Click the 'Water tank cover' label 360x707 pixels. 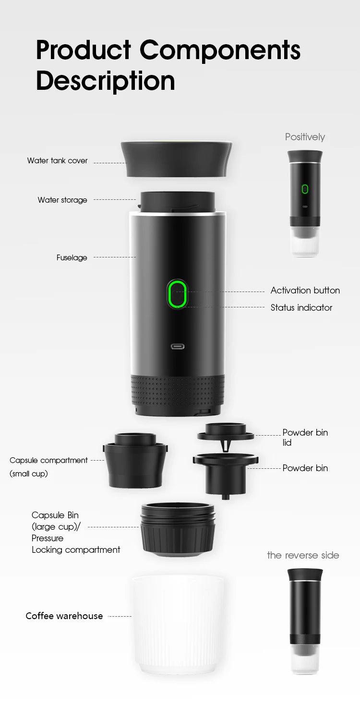click(57, 161)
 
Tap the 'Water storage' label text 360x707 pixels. click(62, 200)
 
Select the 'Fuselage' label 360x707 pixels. click(72, 258)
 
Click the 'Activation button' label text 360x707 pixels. click(305, 291)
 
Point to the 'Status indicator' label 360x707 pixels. click(301, 308)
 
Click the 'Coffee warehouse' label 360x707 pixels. click(64, 616)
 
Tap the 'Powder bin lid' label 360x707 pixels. click(305, 437)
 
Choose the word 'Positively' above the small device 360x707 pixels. click(305, 137)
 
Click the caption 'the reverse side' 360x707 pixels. click(303, 555)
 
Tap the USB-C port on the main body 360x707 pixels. click(178, 346)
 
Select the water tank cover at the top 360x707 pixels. click(177, 158)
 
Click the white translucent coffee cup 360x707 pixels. click(177, 624)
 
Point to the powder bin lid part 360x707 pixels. click(225, 432)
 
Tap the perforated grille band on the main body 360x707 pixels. click(178, 390)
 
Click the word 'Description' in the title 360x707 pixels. click(105, 80)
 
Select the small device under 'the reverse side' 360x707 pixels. click(305, 620)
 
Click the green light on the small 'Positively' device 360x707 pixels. click(305, 189)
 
